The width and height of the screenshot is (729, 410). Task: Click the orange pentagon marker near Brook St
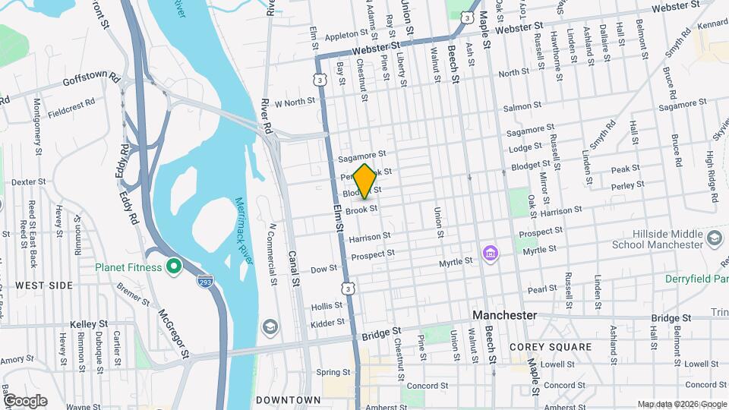pyautogui.click(x=365, y=182)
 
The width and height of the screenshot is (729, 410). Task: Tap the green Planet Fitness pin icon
pyautogui.click(x=173, y=266)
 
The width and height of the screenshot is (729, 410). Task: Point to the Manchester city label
pyautogui.click(x=503, y=315)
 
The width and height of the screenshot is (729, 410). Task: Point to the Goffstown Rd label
pyautogui.click(x=91, y=78)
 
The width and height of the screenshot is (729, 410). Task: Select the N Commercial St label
pyautogui.click(x=272, y=251)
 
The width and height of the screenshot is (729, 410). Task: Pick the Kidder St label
pyautogui.click(x=329, y=324)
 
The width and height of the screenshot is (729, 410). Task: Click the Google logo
pyautogui.click(x=24, y=401)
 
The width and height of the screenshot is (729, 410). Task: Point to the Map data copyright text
pyautogui.click(x=681, y=404)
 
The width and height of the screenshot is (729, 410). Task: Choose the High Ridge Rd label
pyautogui.click(x=711, y=177)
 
